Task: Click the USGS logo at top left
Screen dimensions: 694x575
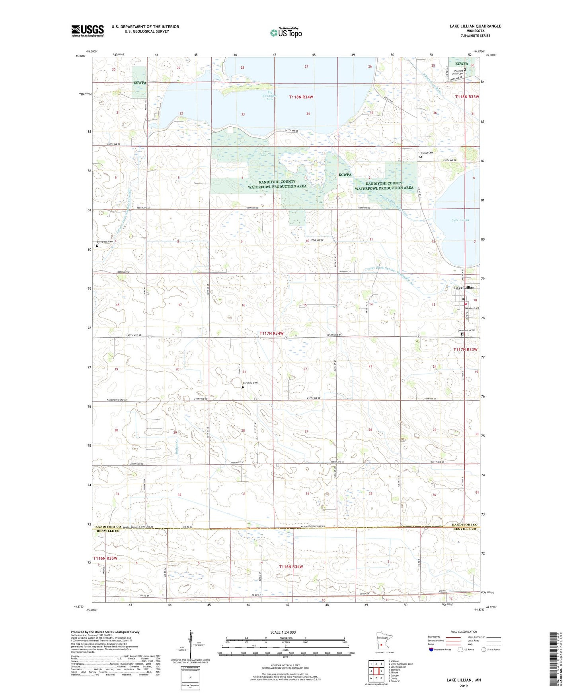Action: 88,30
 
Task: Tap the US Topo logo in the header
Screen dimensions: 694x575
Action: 285,33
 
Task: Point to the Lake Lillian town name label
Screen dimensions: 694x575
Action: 464,287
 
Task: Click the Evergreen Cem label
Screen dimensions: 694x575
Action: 105,242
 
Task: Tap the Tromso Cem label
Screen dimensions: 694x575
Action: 427,153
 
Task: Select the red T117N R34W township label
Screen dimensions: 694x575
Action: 271,333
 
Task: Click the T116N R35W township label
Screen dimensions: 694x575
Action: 106,558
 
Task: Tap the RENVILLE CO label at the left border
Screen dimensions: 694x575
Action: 108,531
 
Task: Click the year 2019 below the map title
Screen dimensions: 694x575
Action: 464,686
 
